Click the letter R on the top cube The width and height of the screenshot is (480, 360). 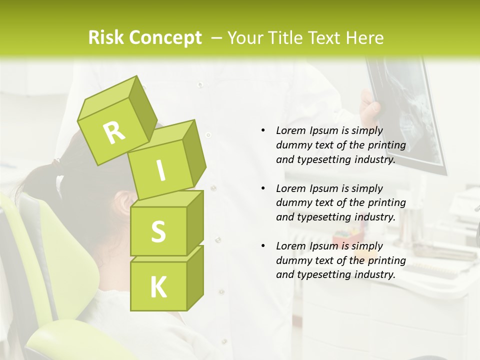point(114,132)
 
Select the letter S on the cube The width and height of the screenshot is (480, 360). point(158,231)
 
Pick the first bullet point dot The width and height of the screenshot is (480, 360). point(263,130)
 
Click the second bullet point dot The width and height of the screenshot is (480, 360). point(263,188)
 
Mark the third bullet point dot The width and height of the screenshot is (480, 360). point(263,246)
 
